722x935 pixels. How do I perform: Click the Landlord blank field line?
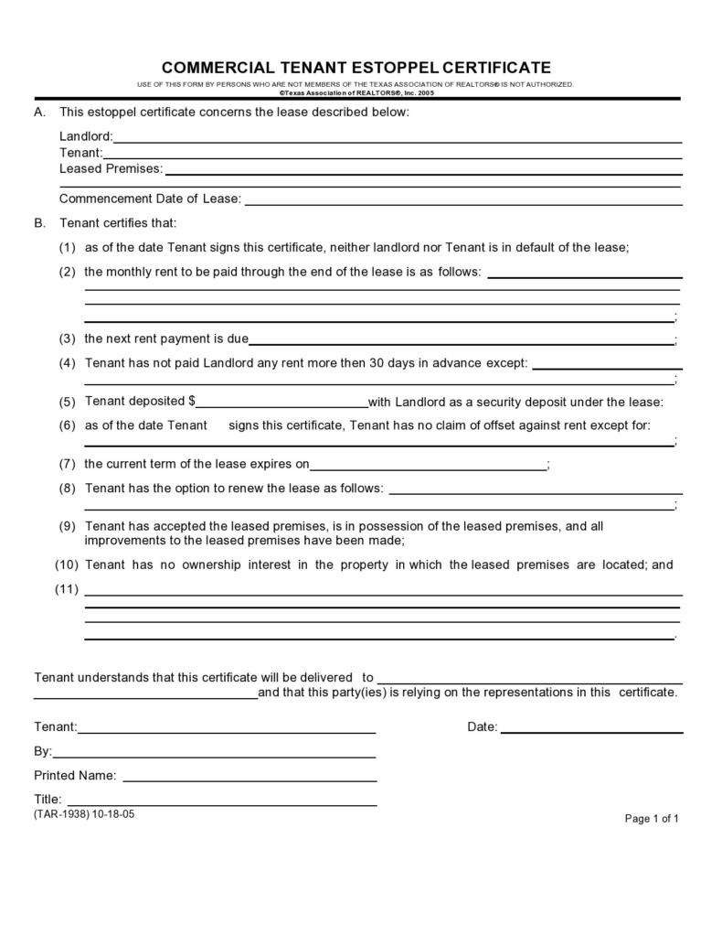click(x=398, y=142)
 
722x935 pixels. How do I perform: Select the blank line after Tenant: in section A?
click(x=393, y=157)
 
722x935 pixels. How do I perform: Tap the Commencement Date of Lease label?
click(x=150, y=199)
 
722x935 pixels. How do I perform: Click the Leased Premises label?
click(x=111, y=168)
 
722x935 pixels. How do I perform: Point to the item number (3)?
click(x=68, y=339)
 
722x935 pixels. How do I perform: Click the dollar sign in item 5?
click(x=192, y=401)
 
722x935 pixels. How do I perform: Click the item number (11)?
click(x=67, y=589)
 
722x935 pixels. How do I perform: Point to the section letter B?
click(x=38, y=223)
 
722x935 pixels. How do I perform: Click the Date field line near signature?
click(x=591, y=732)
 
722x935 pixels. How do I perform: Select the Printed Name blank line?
click(x=250, y=780)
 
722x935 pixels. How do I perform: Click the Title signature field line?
click(x=220, y=804)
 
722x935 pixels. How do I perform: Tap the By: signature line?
click(x=215, y=757)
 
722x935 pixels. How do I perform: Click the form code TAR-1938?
click(x=62, y=813)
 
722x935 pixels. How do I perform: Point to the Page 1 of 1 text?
click(x=651, y=819)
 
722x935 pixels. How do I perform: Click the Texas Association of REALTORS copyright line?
click(x=356, y=92)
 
